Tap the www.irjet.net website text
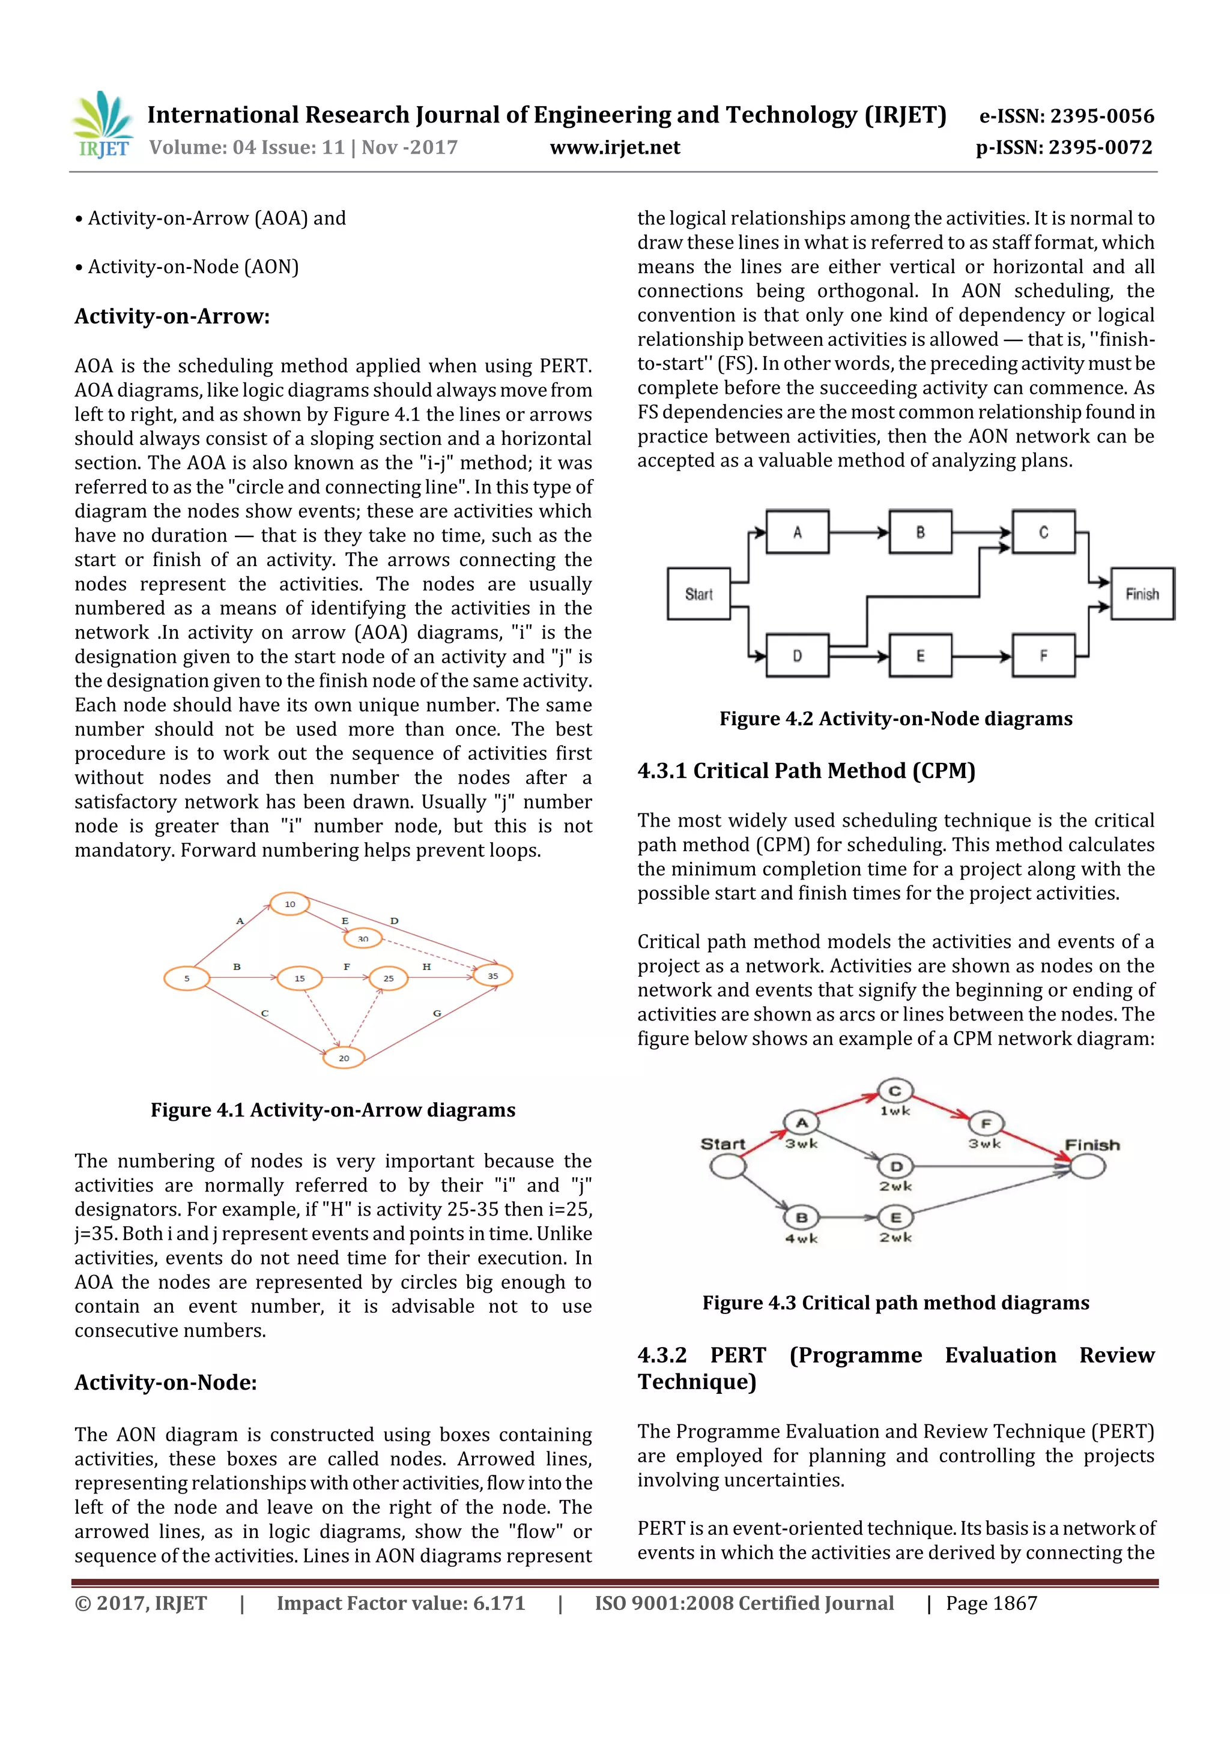[x=614, y=148]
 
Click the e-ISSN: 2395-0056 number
[x=1066, y=116]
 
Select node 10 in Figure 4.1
[x=289, y=903]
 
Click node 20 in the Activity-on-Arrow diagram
[x=344, y=1057]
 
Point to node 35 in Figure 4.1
[x=492, y=975]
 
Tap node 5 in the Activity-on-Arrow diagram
[x=186, y=978]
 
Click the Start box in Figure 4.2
[x=698, y=594]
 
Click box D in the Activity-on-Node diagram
[x=797, y=655]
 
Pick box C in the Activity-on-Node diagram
[x=1044, y=532]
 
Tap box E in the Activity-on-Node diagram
[x=920, y=655]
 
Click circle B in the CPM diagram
[x=801, y=1218]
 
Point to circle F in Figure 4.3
[x=985, y=1123]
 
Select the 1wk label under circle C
[x=894, y=1111]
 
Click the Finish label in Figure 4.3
[x=1092, y=1145]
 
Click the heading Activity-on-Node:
[x=165, y=1382]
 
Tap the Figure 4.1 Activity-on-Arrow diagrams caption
[x=333, y=1109]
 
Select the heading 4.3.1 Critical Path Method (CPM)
[x=805, y=770]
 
